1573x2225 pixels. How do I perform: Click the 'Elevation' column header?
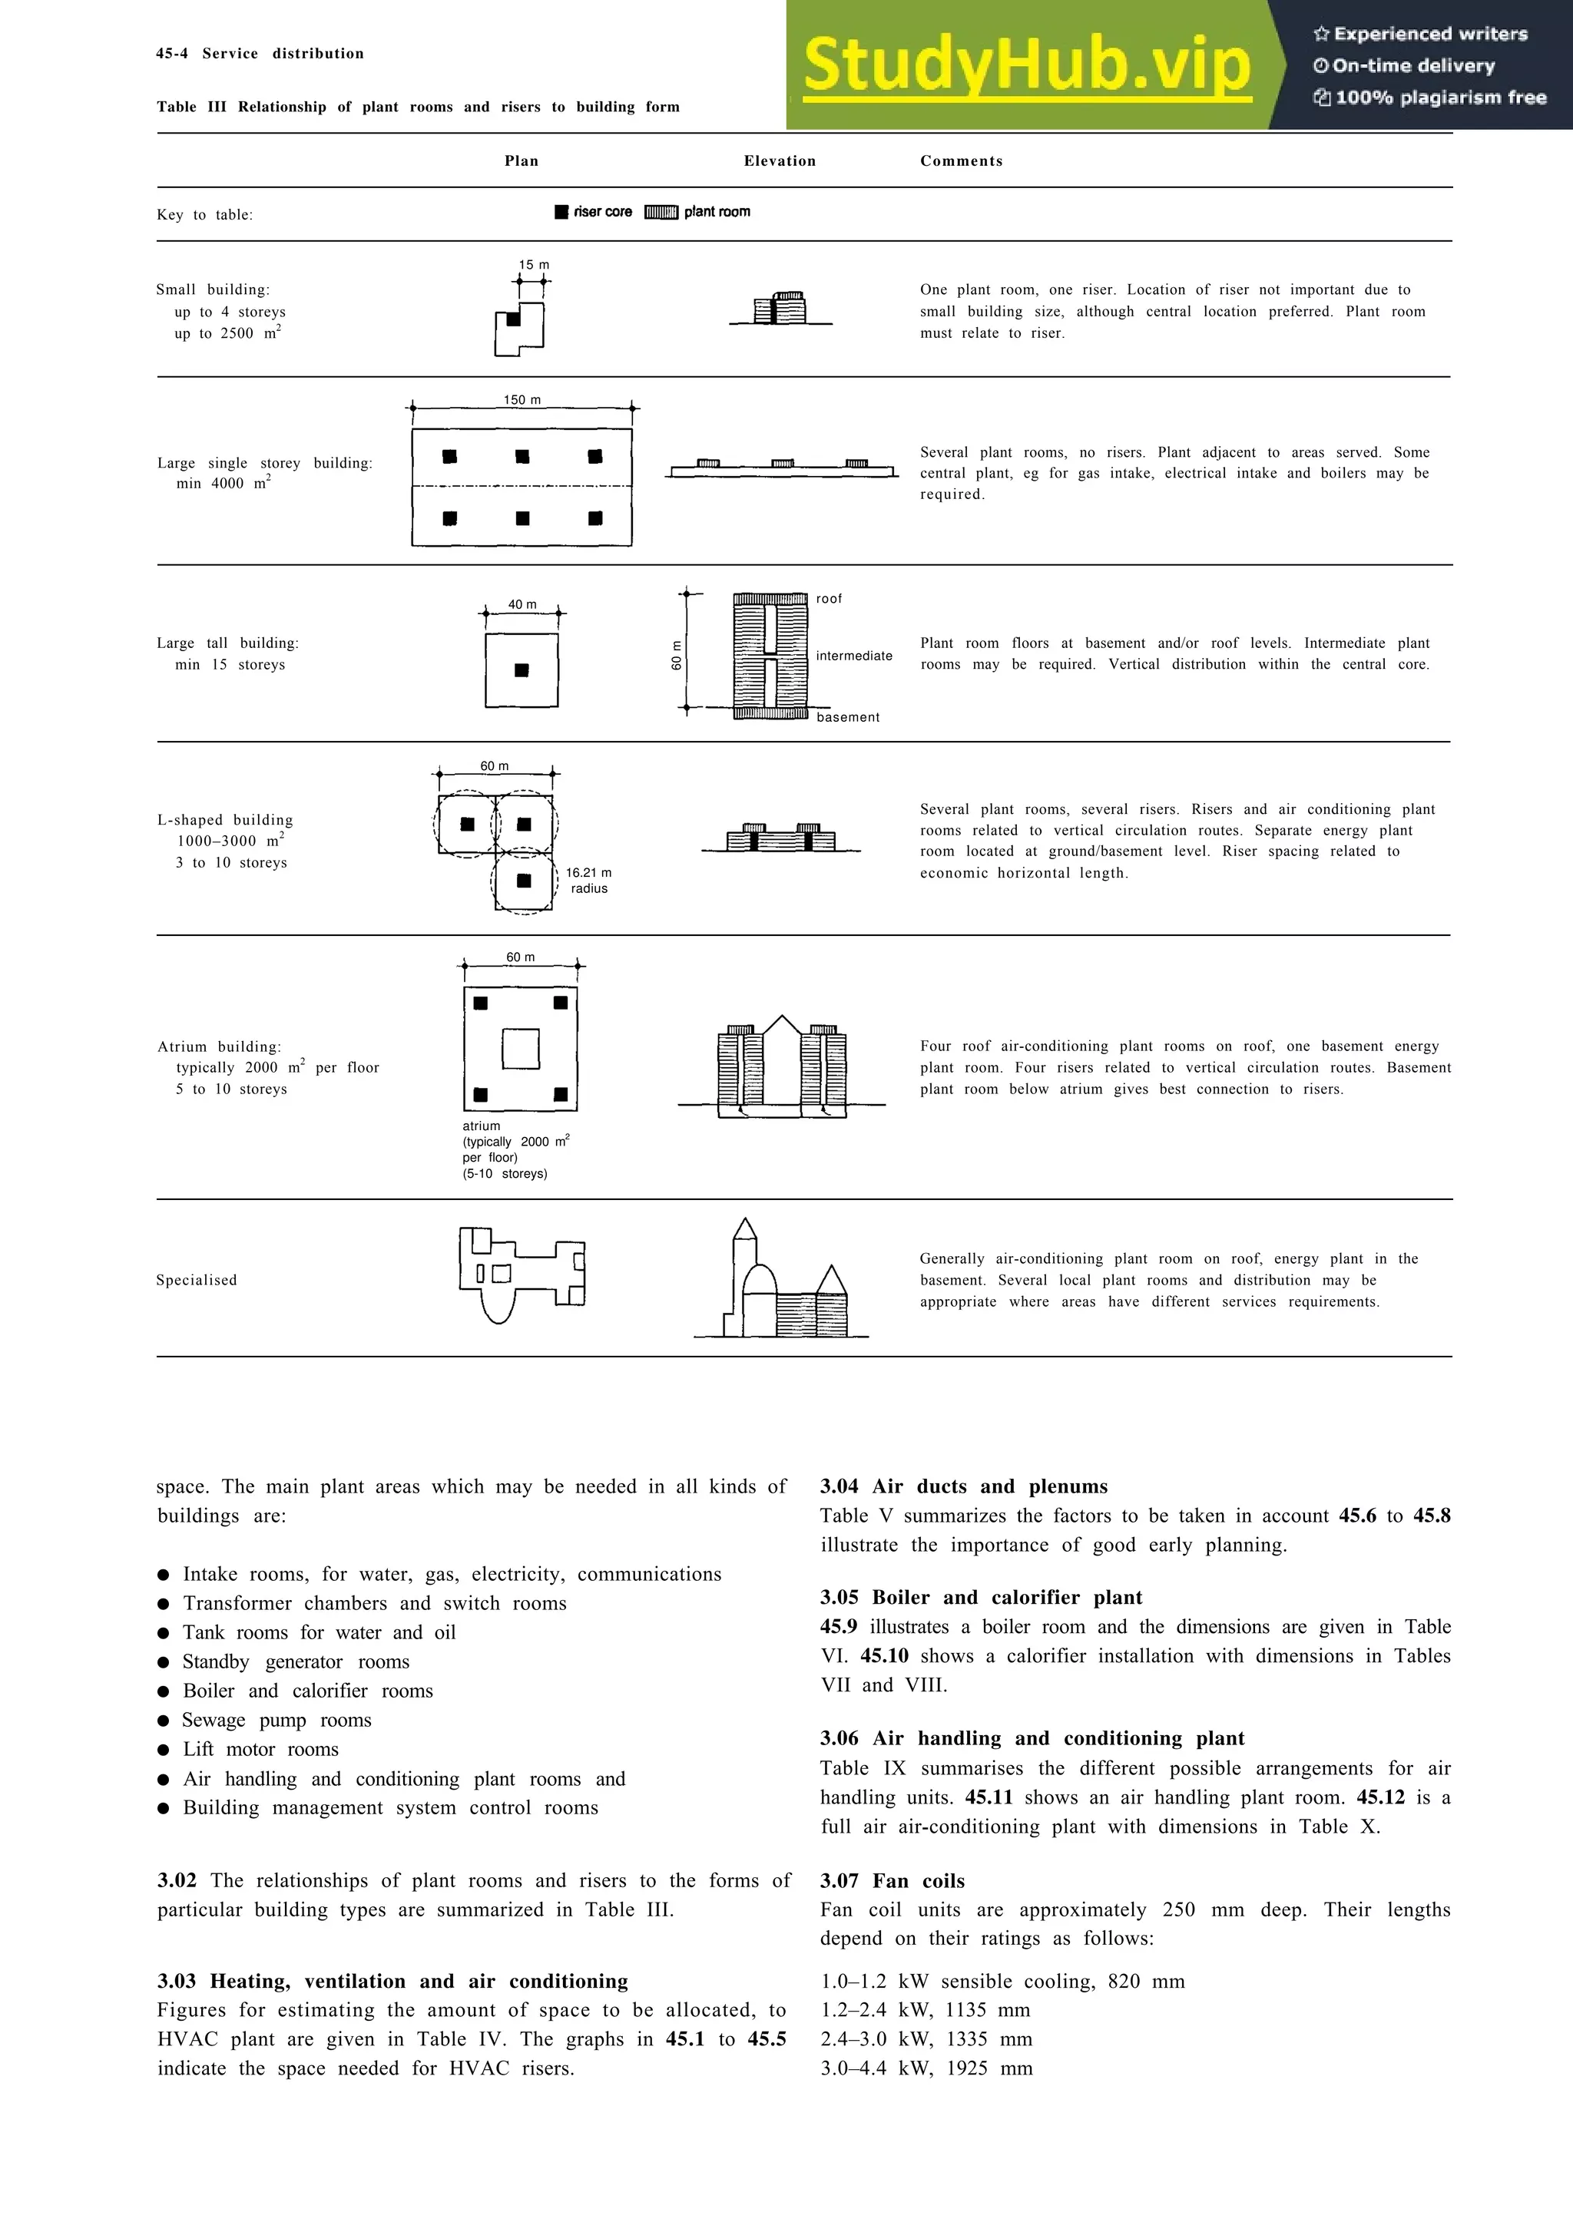click(x=780, y=161)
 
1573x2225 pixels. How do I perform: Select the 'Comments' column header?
click(x=961, y=161)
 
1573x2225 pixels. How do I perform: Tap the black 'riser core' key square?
click(x=561, y=212)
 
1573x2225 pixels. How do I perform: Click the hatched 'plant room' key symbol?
click(x=661, y=212)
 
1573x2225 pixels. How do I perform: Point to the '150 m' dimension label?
click(x=522, y=399)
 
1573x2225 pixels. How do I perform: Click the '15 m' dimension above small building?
click(x=533, y=265)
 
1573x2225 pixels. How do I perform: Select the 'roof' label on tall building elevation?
click(x=829, y=599)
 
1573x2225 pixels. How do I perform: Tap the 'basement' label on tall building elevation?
click(x=847, y=717)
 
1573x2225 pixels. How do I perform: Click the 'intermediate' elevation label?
click(x=854, y=656)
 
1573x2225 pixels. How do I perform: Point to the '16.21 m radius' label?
click(x=588, y=880)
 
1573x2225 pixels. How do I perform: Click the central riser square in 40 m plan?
click(x=522, y=669)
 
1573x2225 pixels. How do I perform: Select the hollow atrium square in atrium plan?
click(x=521, y=1049)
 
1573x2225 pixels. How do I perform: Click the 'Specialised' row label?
click(x=197, y=1280)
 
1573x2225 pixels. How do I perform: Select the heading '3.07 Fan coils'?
click(x=892, y=1881)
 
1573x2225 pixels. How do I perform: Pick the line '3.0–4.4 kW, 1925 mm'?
click(x=926, y=2068)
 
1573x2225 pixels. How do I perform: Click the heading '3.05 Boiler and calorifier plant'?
click(x=981, y=1597)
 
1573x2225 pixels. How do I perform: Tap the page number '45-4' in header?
click(x=171, y=53)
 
